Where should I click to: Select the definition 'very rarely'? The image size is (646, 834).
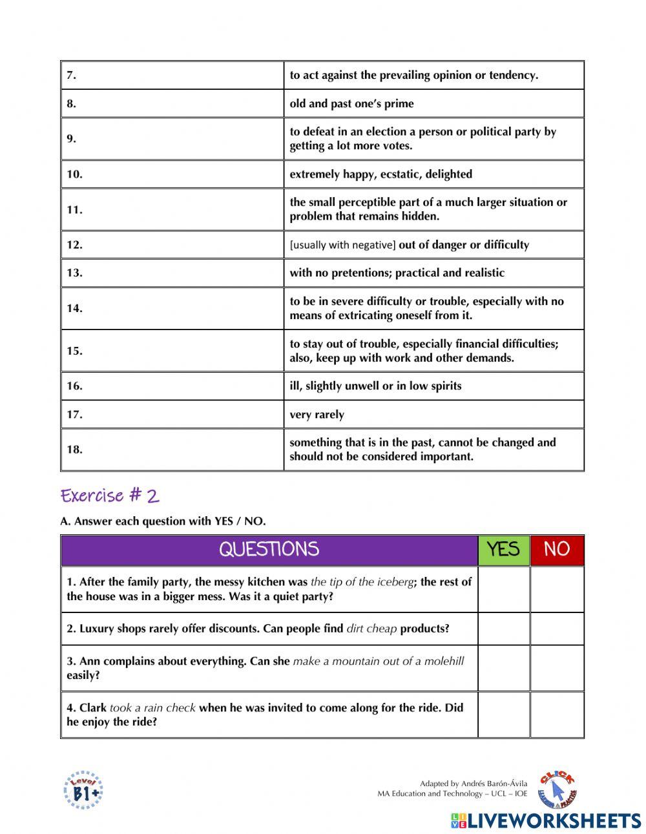point(317,415)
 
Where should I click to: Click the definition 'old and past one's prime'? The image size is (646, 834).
point(351,103)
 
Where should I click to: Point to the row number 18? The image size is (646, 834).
point(75,450)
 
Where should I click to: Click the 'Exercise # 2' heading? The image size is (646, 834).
point(110,495)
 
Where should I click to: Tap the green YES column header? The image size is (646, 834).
point(503,550)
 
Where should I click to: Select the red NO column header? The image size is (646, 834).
point(557,550)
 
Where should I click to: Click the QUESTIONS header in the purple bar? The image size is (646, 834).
point(269,550)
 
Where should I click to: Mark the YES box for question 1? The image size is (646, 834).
point(503,589)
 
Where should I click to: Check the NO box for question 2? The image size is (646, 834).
point(557,629)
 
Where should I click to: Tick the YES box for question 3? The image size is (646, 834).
point(503,668)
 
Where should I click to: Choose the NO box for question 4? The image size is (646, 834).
point(557,714)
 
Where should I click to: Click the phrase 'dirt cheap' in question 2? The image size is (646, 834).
point(371,629)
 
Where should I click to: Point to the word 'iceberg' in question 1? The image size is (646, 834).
point(395,582)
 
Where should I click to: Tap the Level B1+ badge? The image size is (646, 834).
point(83,790)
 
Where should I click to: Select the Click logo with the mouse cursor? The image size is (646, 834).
point(558,789)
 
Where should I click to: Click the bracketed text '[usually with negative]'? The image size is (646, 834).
point(342,245)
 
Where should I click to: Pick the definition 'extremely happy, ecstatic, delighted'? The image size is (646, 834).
point(380,174)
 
